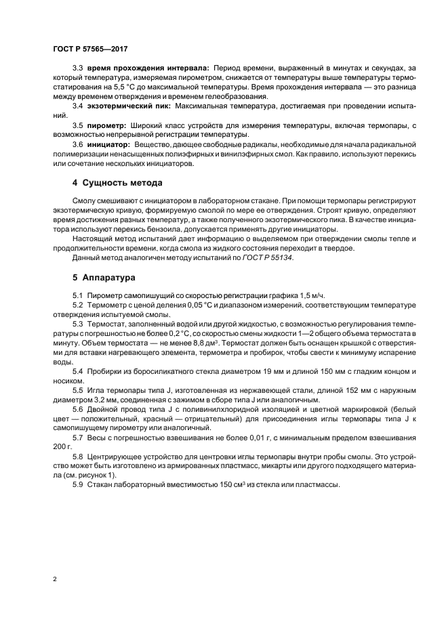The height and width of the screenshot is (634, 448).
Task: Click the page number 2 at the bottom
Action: tap(54, 580)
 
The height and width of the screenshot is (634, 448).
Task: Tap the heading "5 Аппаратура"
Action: tap(103, 277)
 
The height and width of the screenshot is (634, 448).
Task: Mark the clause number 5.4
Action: tap(78, 373)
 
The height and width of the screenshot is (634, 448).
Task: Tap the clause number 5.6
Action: tap(78, 411)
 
